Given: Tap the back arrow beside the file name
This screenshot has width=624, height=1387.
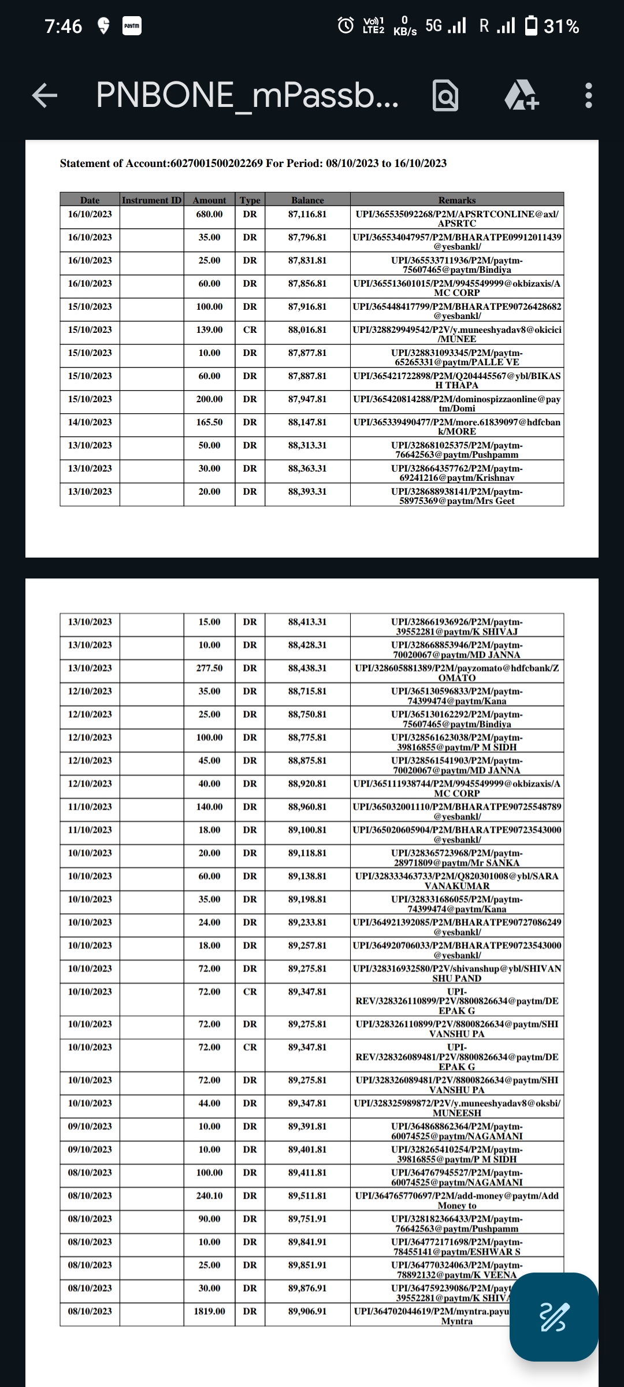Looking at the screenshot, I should (x=44, y=95).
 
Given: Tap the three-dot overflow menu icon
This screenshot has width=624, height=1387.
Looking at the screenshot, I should (x=588, y=95).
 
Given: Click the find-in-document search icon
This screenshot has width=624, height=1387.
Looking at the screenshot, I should (x=445, y=96).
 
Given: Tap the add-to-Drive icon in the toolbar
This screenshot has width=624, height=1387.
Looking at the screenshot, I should (x=522, y=95).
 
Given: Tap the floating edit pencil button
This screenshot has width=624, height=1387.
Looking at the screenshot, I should (x=554, y=1317).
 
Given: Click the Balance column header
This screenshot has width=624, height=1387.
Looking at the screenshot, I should (x=307, y=200).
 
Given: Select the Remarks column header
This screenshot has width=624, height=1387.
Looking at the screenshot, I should (x=456, y=200).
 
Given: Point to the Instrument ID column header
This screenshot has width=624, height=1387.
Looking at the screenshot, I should (x=152, y=200).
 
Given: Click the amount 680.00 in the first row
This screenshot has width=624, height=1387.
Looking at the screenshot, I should (x=209, y=214).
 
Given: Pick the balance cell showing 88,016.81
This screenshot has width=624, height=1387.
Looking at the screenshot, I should (x=307, y=330).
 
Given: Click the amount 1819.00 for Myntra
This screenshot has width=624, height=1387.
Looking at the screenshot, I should (x=209, y=1311).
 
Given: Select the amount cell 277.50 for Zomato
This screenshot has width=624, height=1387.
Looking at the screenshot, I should (x=209, y=668).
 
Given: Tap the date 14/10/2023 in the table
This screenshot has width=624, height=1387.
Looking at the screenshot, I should (x=90, y=422).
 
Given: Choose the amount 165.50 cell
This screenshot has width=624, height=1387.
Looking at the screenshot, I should (x=209, y=422).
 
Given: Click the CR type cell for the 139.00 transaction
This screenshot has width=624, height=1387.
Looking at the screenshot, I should (x=250, y=330).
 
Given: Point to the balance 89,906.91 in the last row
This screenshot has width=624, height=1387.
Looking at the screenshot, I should (x=307, y=1311).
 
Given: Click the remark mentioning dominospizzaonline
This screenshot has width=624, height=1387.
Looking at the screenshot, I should (x=456, y=403).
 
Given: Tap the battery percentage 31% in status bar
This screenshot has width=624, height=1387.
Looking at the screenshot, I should (x=561, y=27).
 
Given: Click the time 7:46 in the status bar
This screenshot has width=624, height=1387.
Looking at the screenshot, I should (x=64, y=27).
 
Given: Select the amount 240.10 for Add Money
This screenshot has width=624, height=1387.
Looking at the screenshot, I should (x=209, y=1196).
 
